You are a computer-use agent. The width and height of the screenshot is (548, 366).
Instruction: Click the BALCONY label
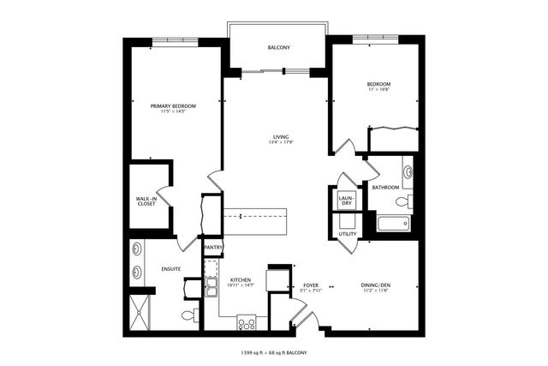point(278,48)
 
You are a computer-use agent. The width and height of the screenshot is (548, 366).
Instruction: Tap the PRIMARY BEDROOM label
point(173,106)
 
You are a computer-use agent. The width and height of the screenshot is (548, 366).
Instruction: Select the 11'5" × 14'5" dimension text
point(173,112)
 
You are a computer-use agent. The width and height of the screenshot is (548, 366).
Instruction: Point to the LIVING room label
point(280,135)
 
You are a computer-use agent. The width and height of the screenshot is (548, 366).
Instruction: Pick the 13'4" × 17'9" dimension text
point(280,142)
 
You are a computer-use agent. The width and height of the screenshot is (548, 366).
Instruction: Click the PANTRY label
point(213,249)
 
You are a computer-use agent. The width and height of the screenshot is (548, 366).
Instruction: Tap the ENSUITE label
point(170,269)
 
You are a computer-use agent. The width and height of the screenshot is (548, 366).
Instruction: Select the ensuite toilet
point(189,315)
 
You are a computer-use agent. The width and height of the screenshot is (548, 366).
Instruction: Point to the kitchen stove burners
point(247,323)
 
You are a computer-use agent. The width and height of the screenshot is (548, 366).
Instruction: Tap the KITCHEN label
point(239,279)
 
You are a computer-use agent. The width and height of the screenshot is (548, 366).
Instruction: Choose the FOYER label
point(311,285)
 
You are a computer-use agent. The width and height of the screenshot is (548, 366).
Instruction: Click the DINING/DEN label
point(377,285)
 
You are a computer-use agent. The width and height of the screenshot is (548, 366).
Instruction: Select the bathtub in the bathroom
point(394,225)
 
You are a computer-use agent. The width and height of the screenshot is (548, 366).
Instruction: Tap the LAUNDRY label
point(346,201)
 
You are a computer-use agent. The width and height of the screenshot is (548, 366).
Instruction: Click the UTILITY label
point(347,233)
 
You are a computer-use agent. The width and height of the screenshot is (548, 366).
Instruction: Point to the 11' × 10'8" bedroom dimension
point(379,89)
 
